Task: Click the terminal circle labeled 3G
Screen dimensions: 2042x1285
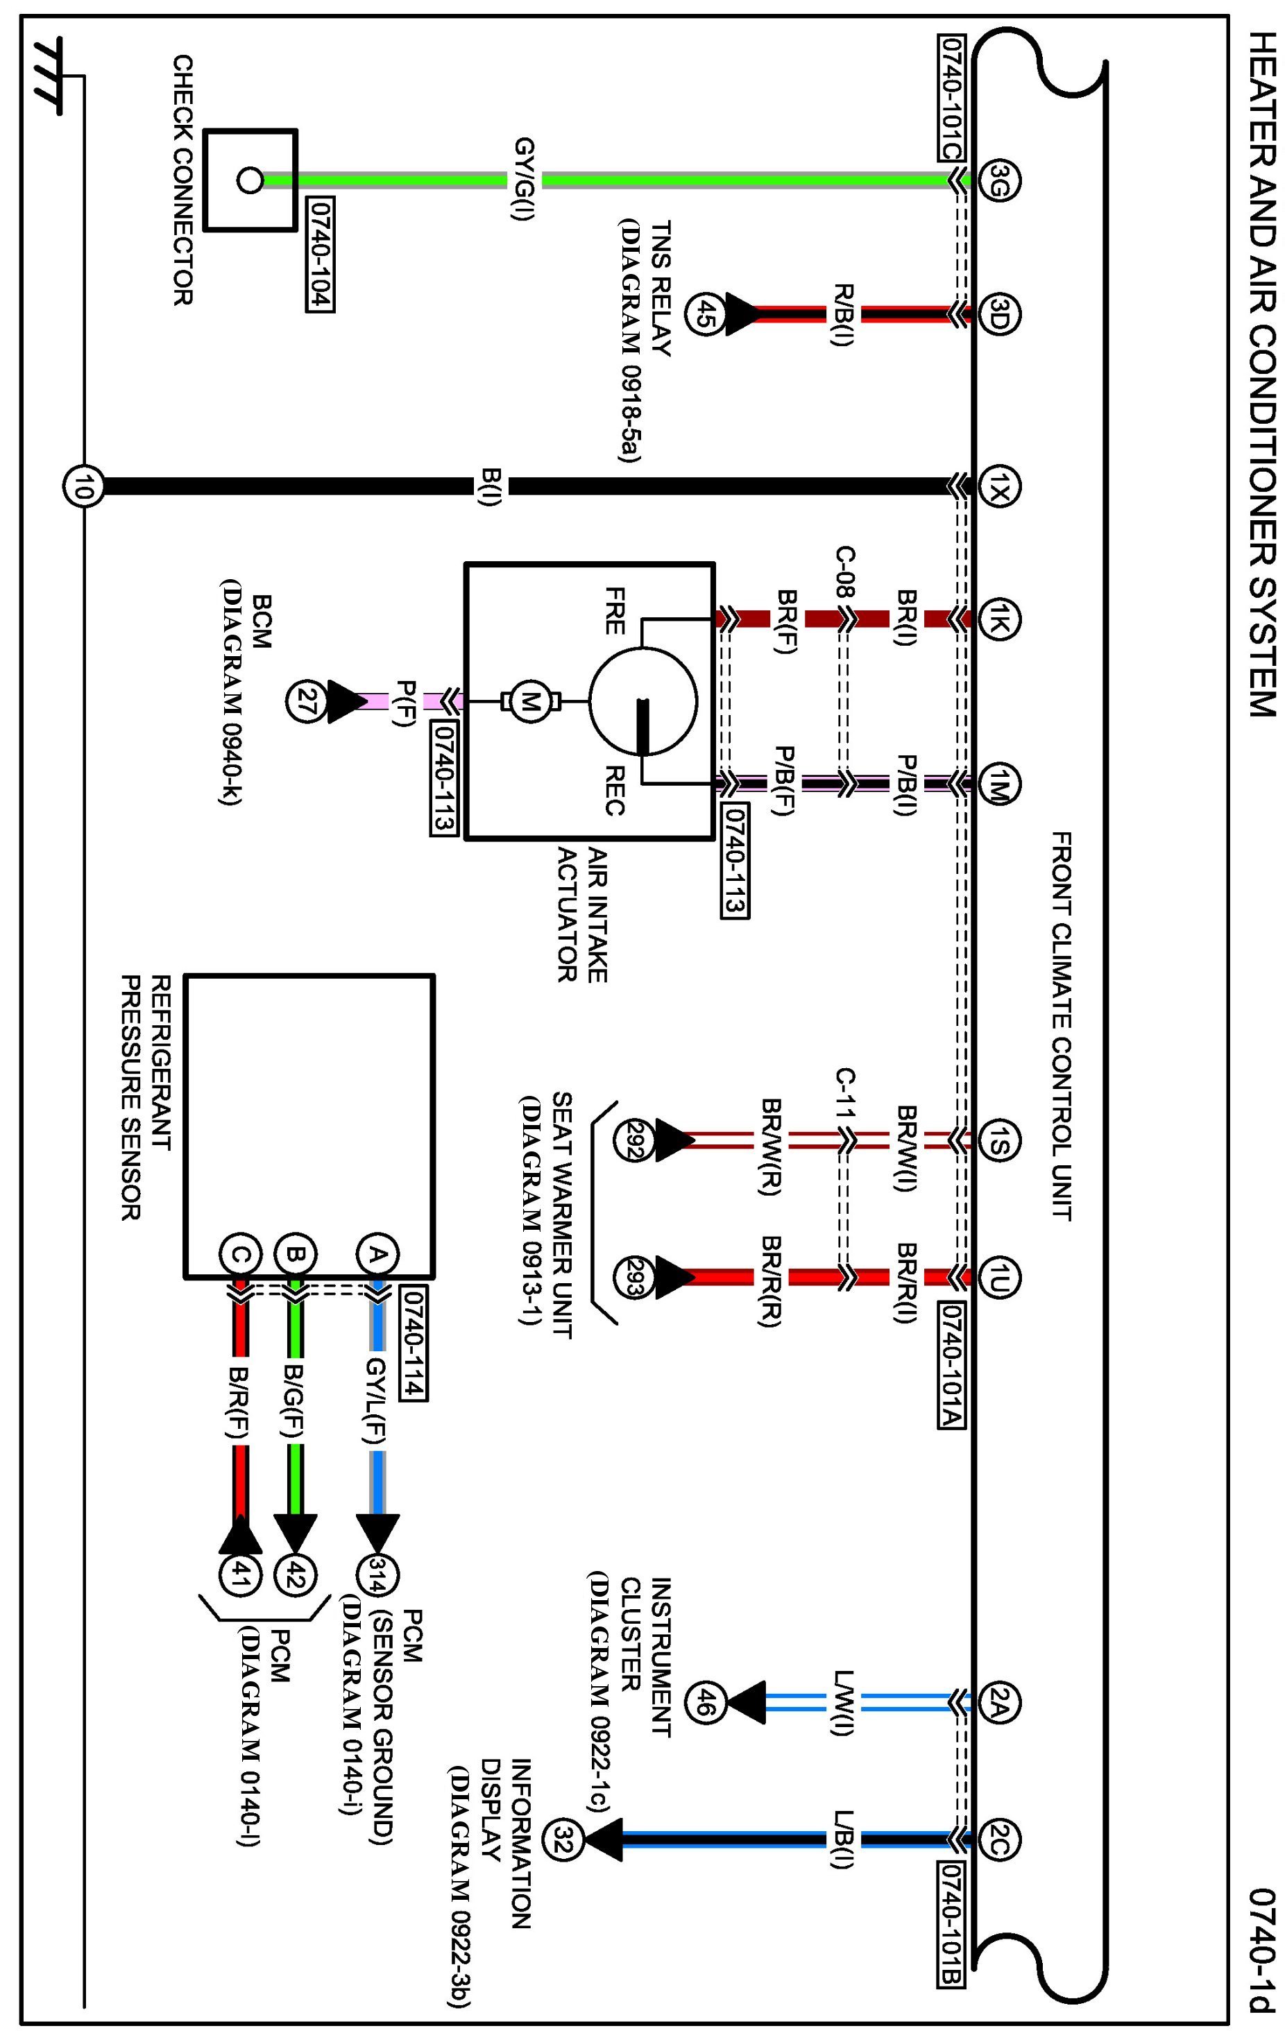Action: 998,180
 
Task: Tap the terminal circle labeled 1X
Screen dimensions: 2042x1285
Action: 998,487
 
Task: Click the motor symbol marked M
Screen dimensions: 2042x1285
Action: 530,701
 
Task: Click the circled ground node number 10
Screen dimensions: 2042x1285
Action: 83,487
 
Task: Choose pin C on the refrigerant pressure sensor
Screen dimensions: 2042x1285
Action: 240,1254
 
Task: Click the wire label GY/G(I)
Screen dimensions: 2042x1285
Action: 523,180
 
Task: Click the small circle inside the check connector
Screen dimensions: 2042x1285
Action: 248,180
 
